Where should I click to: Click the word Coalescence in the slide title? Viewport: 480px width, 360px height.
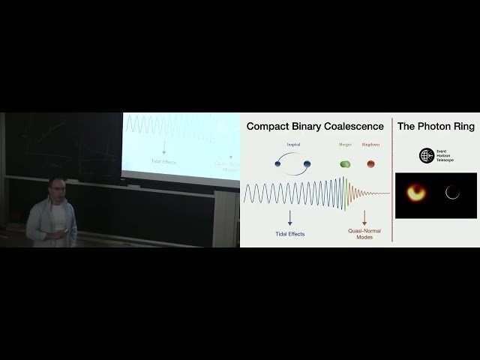pyautogui.click(x=346, y=127)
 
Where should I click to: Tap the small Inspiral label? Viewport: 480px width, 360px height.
pyautogui.click(x=292, y=145)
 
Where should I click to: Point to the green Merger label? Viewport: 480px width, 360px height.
pyautogui.click(x=345, y=145)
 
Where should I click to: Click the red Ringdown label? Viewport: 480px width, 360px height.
pyautogui.click(x=370, y=145)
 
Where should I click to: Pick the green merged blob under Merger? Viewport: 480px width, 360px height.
pyautogui.click(x=345, y=163)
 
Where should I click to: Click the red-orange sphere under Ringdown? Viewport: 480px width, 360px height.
pyautogui.click(x=370, y=163)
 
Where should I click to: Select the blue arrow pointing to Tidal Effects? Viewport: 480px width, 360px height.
pyautogui.click(x=289, y=218)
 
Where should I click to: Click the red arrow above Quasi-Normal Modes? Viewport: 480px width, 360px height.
pyautogui.click(x=364, y=218)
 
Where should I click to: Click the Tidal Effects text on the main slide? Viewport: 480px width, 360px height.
pyautogui.click(x=289, y=233)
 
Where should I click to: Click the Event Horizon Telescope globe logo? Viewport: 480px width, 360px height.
pyautogui.click(x=426, y=156)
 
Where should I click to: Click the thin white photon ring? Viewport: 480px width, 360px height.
pyautogui.click(x=452, y=193)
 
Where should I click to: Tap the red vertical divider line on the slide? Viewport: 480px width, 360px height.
pyautogui.click(x=392, y=180)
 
